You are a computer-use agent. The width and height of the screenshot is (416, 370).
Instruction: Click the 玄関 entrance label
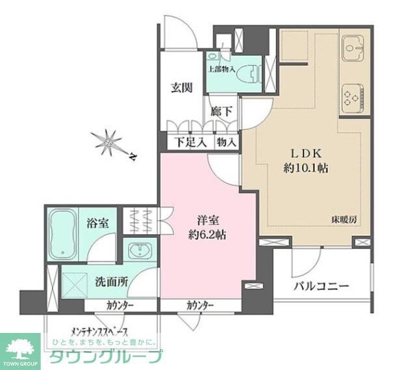click(181, 88)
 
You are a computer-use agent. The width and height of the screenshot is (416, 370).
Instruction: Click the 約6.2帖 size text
click(203, 234)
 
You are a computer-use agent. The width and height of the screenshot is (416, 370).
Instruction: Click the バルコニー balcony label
click(320, 285)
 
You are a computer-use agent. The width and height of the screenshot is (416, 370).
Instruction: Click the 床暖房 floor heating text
click(344, 220)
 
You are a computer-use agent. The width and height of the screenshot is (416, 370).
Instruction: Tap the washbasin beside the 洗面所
click(139, 252)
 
